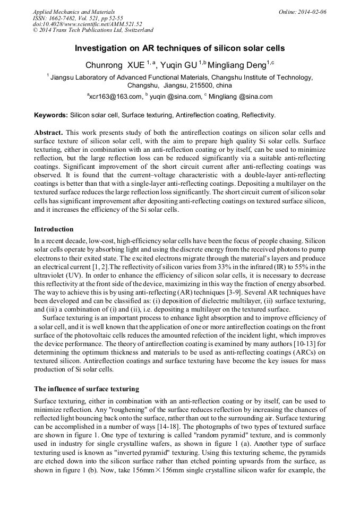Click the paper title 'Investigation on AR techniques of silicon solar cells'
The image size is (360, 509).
point(179,48)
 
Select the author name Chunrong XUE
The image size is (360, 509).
point(115,65)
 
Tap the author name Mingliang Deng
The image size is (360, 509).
point(236,65)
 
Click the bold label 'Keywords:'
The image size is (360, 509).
point(51,115)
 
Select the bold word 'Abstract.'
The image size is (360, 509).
point(49,131)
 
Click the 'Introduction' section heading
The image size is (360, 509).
point(54,229)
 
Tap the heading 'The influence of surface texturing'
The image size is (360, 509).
point(87,389)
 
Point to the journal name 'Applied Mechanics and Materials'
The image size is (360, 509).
point(74,12)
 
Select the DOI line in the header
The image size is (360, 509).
point(88,24)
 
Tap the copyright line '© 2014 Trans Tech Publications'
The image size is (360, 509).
point(93,30)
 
